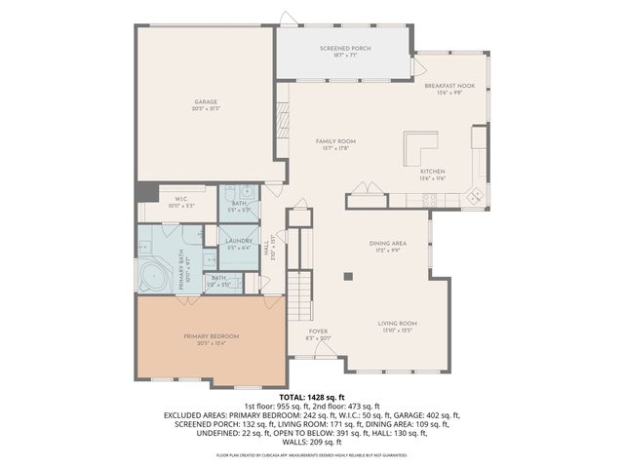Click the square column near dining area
347,276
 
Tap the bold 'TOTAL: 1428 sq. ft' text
311,397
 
